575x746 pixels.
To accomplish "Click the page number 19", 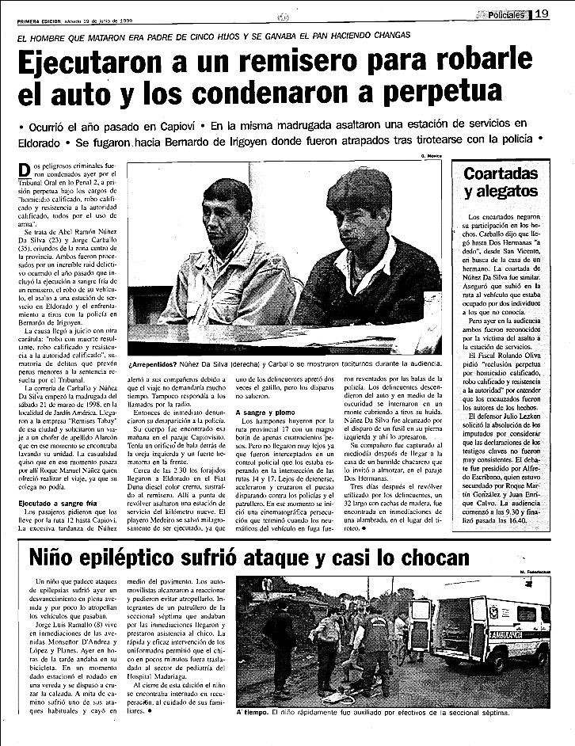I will tap(542, 13).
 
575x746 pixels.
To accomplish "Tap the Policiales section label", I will tap(504, 13).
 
